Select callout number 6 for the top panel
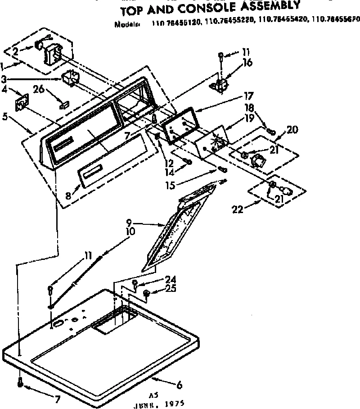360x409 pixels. coord(179,385)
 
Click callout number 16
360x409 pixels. coord(247,63)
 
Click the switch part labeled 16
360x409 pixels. coord(220,85)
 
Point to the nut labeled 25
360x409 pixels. coord(146,293)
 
